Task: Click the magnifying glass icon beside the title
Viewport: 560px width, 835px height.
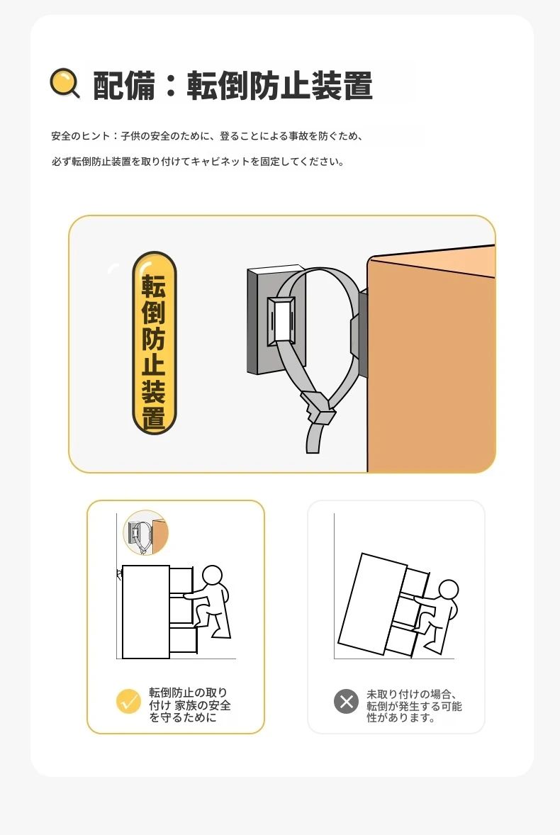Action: [65, 83]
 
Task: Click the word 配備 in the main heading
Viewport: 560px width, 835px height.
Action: [124, 86]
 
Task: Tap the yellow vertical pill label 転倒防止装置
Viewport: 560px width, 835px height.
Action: [154, 343]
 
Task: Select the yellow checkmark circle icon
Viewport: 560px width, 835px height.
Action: [128, 701]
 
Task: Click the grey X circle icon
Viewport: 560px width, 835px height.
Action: [346, 701]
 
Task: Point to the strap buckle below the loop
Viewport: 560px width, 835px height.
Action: [319, 408]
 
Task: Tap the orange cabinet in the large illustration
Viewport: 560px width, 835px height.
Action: [431, 359]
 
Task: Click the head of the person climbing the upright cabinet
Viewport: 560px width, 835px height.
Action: [213, 576]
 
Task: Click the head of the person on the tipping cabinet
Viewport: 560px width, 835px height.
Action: [448, 590]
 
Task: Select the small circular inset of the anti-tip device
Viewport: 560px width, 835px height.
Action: [145, 532]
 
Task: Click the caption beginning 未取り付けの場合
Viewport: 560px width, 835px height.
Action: [413, 705]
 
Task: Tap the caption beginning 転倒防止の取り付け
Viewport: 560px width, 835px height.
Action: [189, 705]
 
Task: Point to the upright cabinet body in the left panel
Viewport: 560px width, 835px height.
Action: [146, 612]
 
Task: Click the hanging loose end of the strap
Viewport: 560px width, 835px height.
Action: [314, 437]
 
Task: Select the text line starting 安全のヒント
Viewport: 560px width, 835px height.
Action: [207, 136]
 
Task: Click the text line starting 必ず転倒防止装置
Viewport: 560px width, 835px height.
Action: [198, 162]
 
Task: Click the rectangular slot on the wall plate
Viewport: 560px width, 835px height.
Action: [281, 320]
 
